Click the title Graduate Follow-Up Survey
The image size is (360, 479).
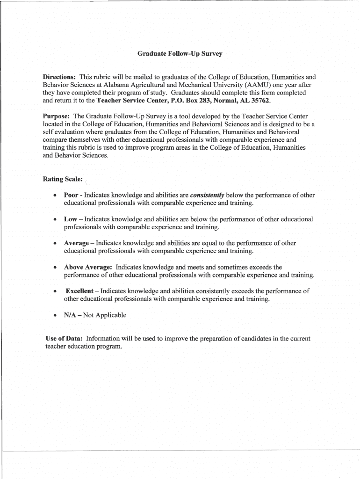click(180, 54)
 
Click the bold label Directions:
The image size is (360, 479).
click(59, 77)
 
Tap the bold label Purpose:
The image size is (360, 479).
click(56, 116)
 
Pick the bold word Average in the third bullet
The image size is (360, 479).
click(76, 243)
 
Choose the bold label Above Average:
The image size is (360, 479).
click(87, 267)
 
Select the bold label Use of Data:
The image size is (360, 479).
click(63, 338)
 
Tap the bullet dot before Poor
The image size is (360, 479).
click(55, 196)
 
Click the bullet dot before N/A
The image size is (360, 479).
click(55, 316)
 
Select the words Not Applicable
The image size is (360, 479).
click(105, 315)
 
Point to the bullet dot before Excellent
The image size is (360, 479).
click(55, 291)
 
